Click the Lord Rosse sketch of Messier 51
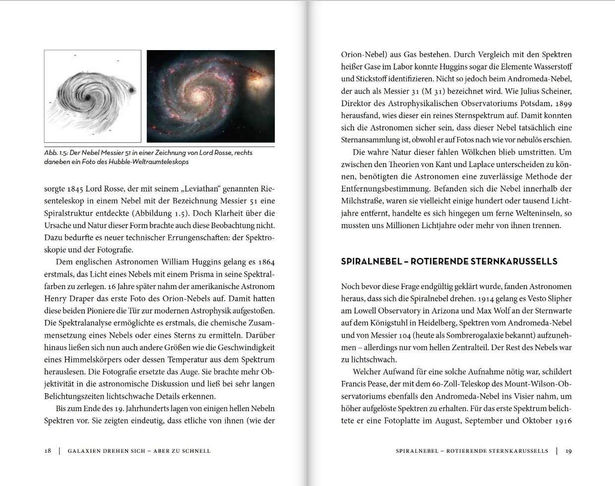pyautogui.click(x=92, y=96)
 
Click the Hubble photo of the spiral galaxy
pyautogui.click(x=211, y=96)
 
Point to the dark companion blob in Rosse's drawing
pyautogui.click(x=131, y=90)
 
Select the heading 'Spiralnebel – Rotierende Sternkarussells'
pyautogui.click(x=449, y=261)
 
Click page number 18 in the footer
pyautogui.click(x=48, y=451)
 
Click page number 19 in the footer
pyautogui.click(x=568, y=451)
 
